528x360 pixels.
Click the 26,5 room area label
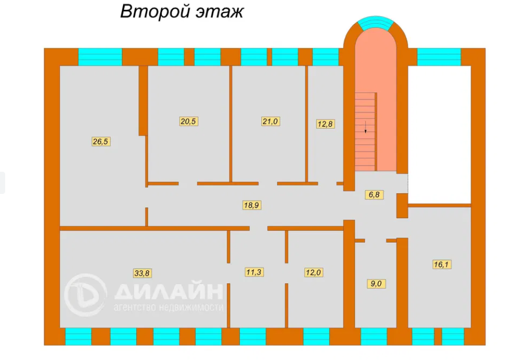(x=101, y=142)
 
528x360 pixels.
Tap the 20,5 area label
(x=189, y=121)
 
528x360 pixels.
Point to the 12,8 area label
(x=325, y=123)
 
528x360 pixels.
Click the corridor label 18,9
(x=252, y=205)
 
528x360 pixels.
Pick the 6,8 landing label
(x=374, y=194)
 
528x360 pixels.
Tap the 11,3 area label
(x=254, y=272)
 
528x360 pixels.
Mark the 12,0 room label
(x=313, y=272)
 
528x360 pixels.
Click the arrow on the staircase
(x=366, y=127)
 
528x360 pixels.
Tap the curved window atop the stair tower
(x=376, y=23)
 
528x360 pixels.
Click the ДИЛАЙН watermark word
(x=168, y=291)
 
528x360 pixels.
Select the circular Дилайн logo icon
(x=85, y=295)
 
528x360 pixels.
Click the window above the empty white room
(x=439, y=57)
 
